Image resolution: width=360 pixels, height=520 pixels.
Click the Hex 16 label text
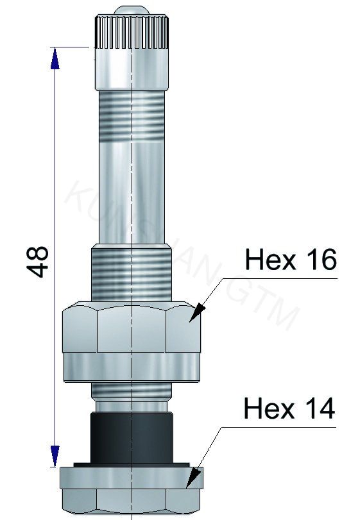click(x=290, y=260)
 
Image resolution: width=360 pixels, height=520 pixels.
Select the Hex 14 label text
click(x=289, y=408)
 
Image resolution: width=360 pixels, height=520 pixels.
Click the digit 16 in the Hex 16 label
click(x=316, y=260)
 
